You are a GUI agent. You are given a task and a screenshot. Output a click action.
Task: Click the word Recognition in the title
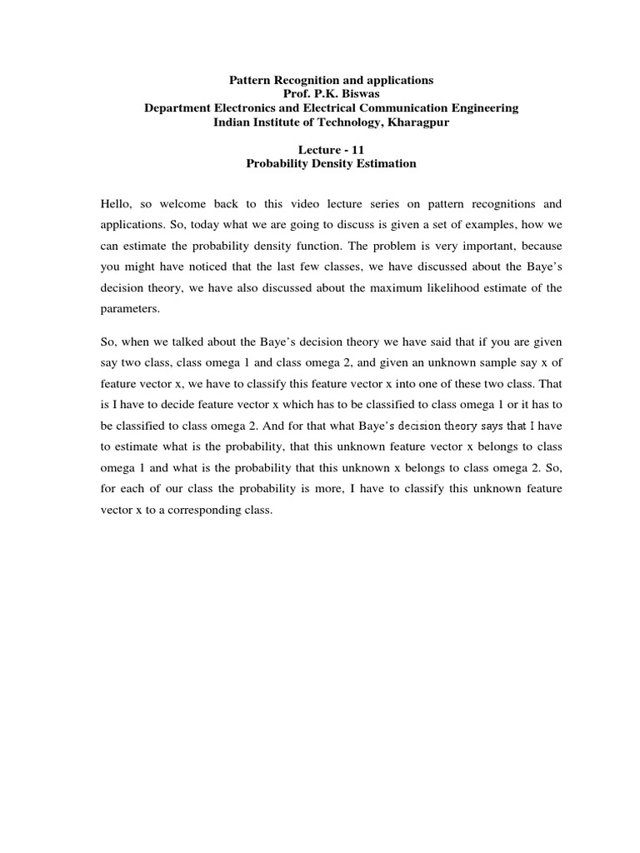pyautogui.click(x=302, y=80)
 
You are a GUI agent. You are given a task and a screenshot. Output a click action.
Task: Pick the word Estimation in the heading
pyautogui.click(x=383, y=164)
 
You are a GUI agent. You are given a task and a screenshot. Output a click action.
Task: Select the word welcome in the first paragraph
pyautogui.click(x=187, y=204)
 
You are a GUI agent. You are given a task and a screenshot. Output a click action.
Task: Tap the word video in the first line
pyautogui.click(x=307, y=204)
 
